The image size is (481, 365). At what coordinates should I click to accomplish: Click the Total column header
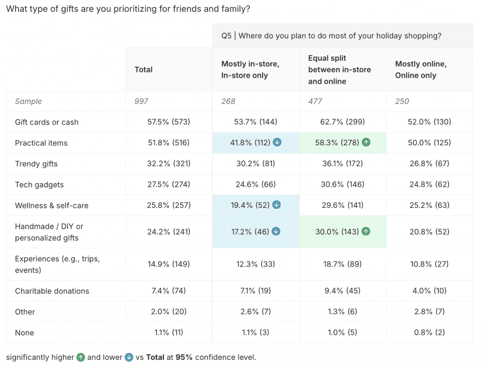[x=143, y=70]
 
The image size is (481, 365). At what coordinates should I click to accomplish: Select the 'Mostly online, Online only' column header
[x=420, y=70]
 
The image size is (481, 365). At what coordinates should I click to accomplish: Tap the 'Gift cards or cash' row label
[x=47, y=122]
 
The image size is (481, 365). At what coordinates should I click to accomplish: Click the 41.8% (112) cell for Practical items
[x=251, y=143]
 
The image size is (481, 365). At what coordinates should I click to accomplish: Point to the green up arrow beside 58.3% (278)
[x=366, y=143]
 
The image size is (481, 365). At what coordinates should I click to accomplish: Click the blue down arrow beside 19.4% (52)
[x=277, y=205]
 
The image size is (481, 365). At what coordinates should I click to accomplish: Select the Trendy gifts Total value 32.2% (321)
[x=169, y=164]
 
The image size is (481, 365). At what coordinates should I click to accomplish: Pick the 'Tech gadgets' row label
[x=39, y=185]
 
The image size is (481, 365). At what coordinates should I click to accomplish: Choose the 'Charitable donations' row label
[x=52, y=291]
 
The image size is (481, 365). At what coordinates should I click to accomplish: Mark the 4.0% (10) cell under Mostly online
[x=430, y=291]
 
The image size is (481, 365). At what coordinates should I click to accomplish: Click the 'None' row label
[x=24, y=333]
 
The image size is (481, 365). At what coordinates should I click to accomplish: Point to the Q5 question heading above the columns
[x=331, y=36]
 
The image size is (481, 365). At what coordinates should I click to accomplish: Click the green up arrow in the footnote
[x=80, y=357]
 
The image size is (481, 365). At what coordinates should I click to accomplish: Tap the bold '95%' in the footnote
[x=184, y=357]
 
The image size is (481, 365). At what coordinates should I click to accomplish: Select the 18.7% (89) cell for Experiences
[x=343, y=264]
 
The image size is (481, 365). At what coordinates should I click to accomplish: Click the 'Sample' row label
[x=28, y=101]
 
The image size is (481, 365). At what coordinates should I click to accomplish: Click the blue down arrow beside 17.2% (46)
[x=276, y=231]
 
